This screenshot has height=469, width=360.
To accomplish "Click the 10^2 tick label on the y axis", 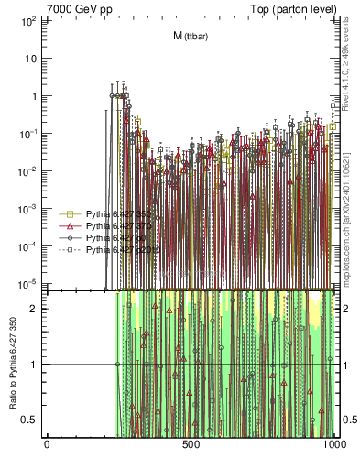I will pos(28,19).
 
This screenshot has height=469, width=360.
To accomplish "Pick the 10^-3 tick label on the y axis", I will pos(28,208).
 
